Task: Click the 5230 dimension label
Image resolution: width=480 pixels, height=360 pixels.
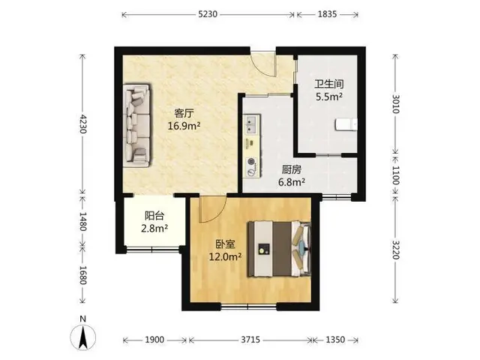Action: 208,14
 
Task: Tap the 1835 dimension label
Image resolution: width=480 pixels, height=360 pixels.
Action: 327,14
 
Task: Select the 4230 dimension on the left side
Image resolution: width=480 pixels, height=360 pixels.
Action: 82,124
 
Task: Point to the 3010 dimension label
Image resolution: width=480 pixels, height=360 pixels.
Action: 395,104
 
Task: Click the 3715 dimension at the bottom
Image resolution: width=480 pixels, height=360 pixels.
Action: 250,340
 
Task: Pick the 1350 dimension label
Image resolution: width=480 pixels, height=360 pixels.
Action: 335,340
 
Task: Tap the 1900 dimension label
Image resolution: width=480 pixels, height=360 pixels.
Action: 154,340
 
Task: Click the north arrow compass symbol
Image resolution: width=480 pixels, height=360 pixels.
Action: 82,336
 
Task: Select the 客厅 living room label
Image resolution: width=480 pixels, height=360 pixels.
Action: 184,113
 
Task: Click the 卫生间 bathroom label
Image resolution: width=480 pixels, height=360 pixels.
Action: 329,84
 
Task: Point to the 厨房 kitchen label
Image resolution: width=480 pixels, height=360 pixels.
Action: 292,169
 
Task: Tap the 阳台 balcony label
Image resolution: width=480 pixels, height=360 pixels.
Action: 154,216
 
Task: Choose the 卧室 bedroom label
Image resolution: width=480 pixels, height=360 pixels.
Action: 225,244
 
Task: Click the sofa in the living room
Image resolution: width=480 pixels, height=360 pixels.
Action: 136,125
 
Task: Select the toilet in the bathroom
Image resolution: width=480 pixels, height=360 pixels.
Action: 346,124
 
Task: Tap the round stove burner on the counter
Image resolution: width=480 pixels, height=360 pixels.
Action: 252,161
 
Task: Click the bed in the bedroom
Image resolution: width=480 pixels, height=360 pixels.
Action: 280,249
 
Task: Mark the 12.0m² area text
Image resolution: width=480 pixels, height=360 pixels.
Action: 225,256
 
